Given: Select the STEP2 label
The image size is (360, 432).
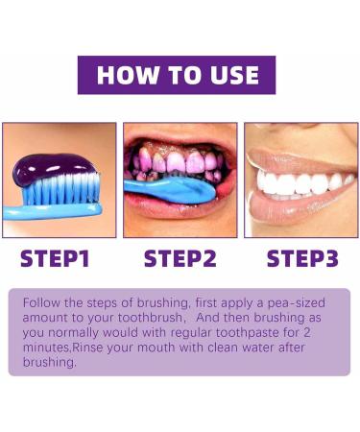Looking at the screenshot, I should [x=181, y=258].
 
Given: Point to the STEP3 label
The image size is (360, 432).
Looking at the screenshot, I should [x=302, y=258].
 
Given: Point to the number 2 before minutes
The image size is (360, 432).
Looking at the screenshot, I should [x=329, y=330].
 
